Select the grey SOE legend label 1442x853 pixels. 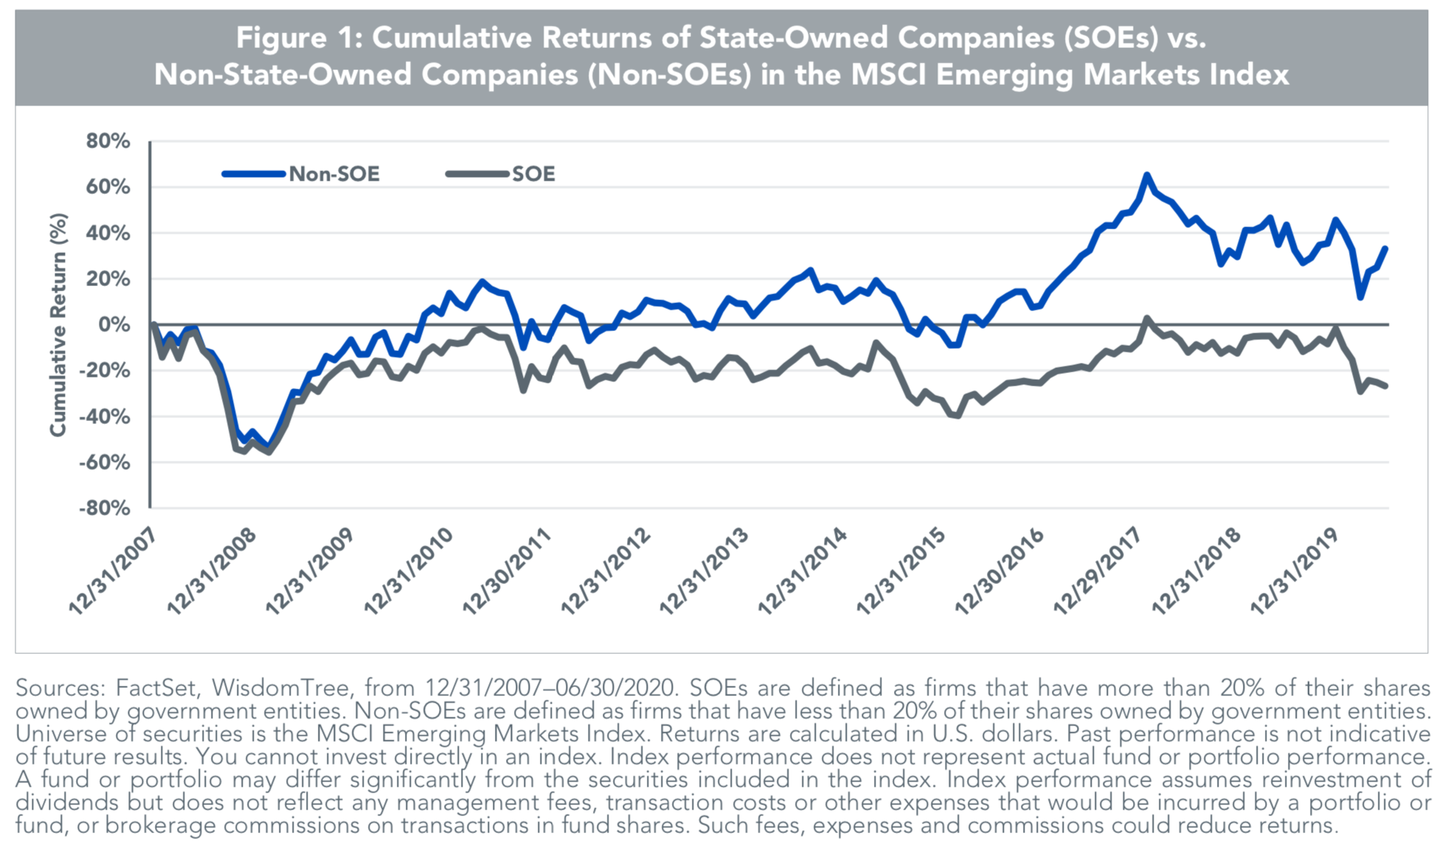533,174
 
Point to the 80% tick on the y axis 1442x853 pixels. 108,141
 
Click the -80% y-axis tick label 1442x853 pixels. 104,508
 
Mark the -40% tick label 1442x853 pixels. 104,417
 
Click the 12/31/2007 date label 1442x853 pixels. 113,572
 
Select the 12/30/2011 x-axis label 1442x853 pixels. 507,572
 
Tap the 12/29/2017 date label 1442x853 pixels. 1098,572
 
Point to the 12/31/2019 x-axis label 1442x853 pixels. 1294,572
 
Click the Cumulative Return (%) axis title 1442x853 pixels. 58,324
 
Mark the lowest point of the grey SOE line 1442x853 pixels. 268,452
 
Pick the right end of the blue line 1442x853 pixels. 1386,248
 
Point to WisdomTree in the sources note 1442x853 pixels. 280,688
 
